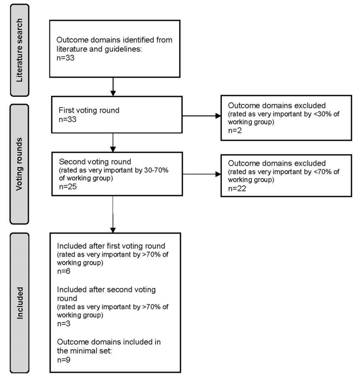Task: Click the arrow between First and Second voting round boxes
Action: pos(113,143)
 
